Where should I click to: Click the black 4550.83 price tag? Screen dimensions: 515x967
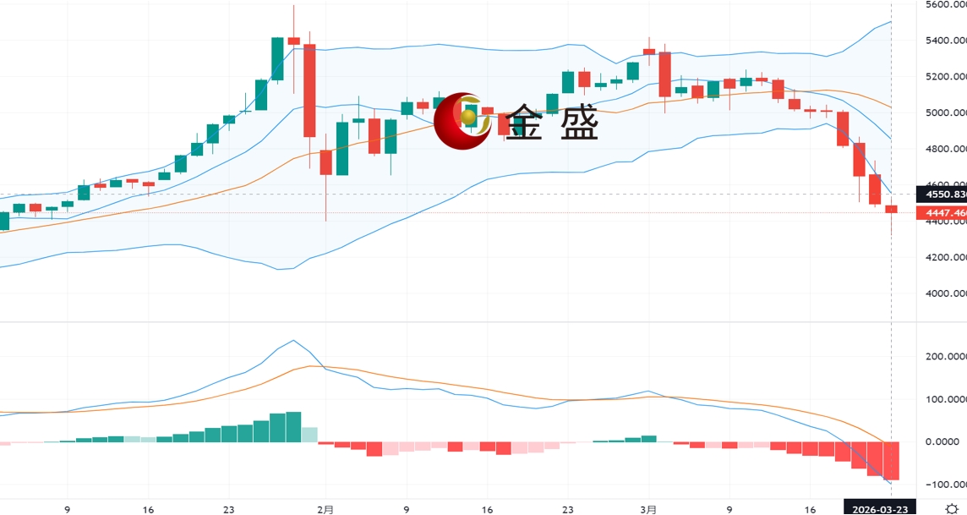pyautogui.click(x=945, y=194)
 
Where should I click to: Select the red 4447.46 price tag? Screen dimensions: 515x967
pyautogui.click(x=945, y=213)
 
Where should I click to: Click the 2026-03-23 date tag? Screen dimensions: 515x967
pyautogui.click(x=879, y=510)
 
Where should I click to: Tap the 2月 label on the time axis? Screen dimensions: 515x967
pyautogui.click(x=325, y=510)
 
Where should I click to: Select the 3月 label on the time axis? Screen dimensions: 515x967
pyautogui.click(x=648, y=510)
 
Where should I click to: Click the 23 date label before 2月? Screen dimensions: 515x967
pyautogui.click(x=228, y=510)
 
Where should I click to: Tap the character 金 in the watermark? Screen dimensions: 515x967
pyautogui.click(x=528, y=123)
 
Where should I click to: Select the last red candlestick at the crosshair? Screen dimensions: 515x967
pyautogui.click(x=892, y=209)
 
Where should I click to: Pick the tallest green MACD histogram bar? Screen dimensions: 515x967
pyautogui.click(x=293, y=426)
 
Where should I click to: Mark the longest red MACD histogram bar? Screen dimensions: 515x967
pyautogui.click(x=892, y=461)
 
